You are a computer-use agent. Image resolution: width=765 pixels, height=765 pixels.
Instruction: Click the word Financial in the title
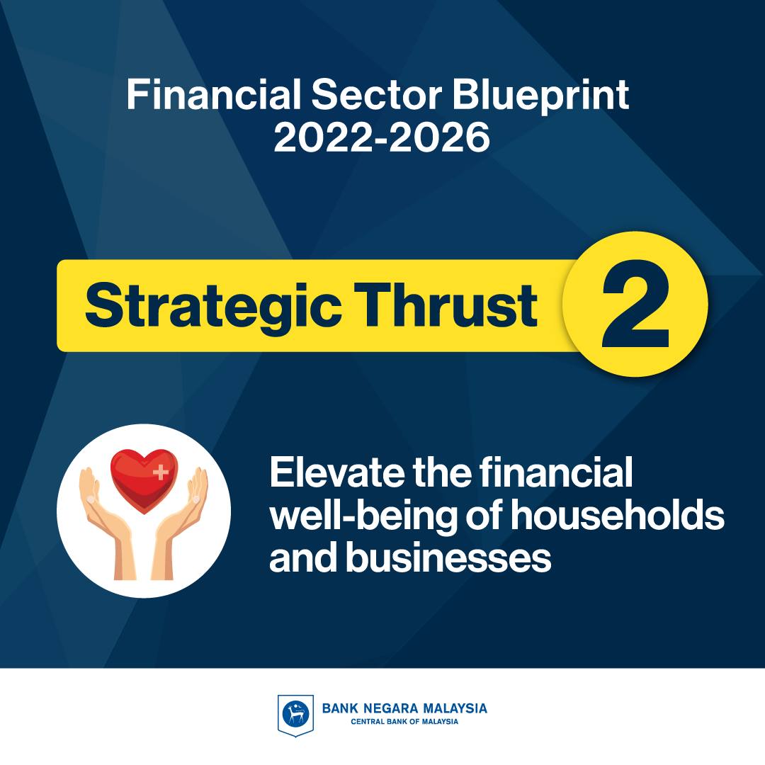coord(214,95)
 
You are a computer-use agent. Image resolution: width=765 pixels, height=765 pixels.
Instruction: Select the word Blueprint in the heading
coord(540,96)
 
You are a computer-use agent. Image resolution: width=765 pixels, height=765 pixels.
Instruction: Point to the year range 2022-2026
coord(382,137)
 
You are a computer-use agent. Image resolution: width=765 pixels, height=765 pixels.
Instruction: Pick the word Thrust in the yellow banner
coord(446,305)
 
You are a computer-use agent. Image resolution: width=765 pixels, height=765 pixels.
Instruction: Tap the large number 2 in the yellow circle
coord(635,303)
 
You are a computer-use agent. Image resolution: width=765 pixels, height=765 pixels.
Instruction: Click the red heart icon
coord(144,480)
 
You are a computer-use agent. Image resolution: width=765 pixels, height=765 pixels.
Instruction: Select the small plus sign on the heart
coord(160,472)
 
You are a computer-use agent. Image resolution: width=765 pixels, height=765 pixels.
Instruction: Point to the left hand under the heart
coord(106,523)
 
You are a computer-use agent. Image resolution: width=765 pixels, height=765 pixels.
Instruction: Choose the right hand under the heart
coord(181,523)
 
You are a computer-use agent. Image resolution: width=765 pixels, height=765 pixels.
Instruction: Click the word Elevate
coord(336,472)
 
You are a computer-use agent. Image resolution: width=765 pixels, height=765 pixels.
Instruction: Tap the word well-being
coord(363,516)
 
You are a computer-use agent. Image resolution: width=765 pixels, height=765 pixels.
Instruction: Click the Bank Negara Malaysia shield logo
coord(295,715)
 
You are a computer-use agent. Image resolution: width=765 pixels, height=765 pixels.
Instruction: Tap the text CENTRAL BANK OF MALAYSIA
coord(404,722)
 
